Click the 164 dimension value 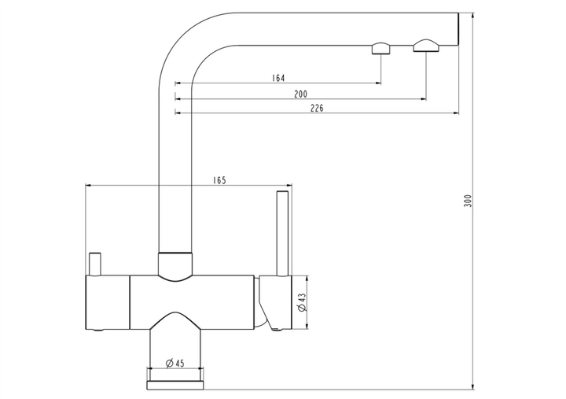coord(278,78)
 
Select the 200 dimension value coord(300,94)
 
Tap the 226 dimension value coord(317,108)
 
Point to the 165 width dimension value coord(219,180)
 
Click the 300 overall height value coord(468,201)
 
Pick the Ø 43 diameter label coord(302,302)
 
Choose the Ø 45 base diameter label coord(175,363)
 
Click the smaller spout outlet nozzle coord(381,49)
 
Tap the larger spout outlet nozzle coord(426,45)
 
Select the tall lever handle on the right coord(282,234)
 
